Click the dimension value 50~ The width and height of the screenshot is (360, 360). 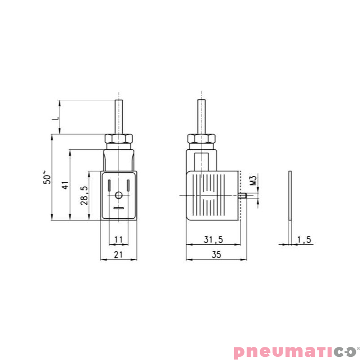pos(47,177)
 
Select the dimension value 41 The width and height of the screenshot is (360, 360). pos(65,185)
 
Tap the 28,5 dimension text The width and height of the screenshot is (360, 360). pos(84,195)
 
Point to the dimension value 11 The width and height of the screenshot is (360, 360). pos(118,239)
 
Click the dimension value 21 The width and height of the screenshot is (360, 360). pos(118,255)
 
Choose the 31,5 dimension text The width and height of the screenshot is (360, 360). pos(213,239)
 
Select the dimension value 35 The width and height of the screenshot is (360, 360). pos(216,255)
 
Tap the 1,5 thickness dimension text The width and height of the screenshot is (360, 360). pos(304,239)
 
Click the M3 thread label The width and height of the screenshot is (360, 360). pos(252,180)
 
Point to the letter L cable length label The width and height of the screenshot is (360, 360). pos(55,118)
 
